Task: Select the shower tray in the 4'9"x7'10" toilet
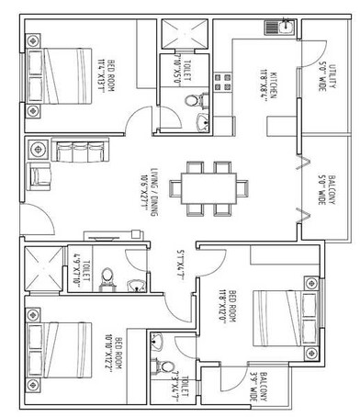pyautogui.click(x=45, y=265)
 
